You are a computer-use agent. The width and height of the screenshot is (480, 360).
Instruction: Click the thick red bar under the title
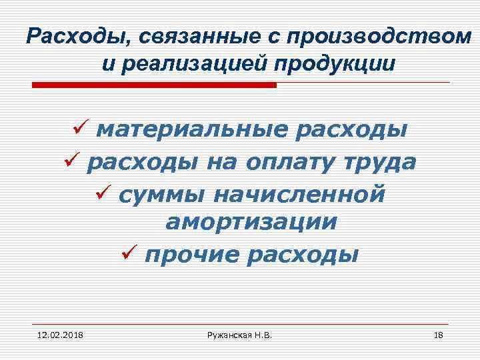click(155, 85)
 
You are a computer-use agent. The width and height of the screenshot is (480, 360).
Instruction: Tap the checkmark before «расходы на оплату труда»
click(71, 161)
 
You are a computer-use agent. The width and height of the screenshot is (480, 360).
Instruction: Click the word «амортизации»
click(251, 223)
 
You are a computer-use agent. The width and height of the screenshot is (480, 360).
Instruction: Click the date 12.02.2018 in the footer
click(55, 334)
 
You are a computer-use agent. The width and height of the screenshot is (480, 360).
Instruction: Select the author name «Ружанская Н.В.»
click(240, 334)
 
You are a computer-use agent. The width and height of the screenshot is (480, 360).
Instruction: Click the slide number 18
click(438, 334)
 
